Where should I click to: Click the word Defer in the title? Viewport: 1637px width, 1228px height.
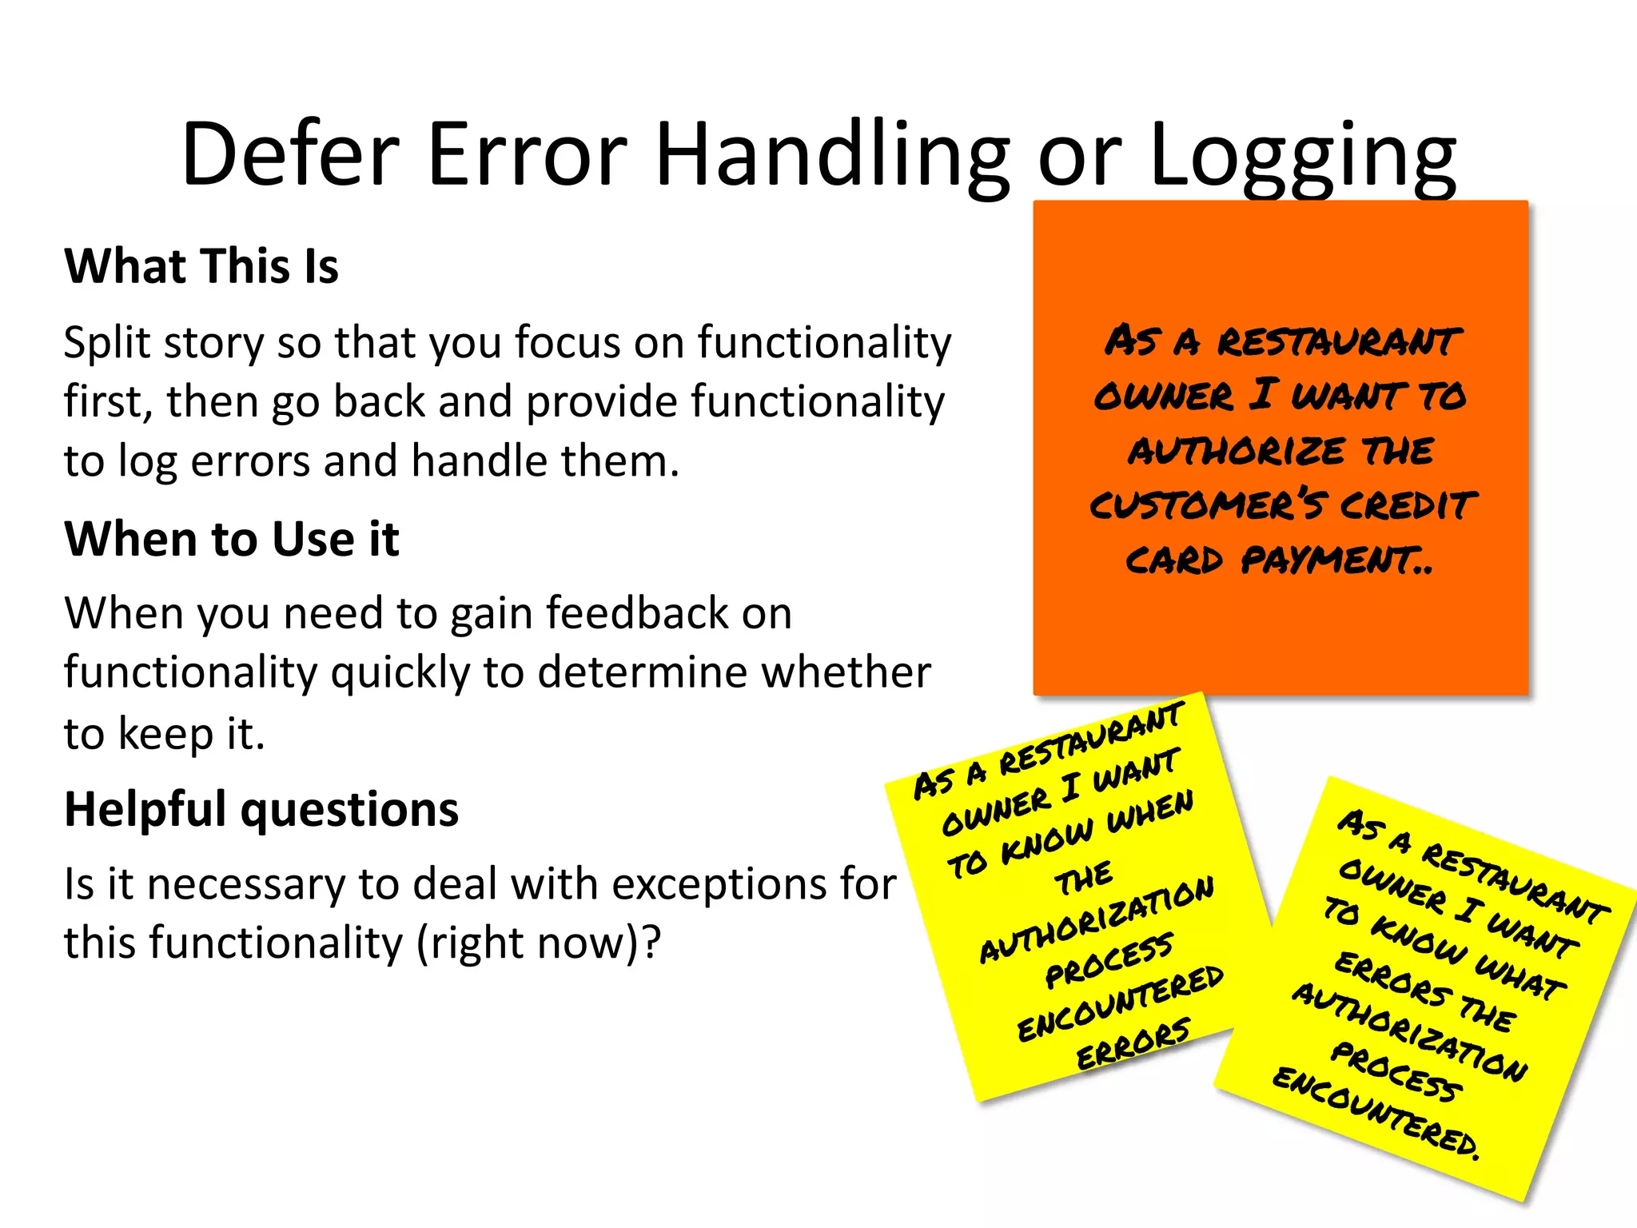[x=290, y=154]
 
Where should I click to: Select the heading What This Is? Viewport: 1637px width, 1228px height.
[x=201, y=266]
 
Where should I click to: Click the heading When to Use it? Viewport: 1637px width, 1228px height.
[x=232, y=539]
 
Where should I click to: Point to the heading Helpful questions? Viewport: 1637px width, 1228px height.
[x=261, y=809]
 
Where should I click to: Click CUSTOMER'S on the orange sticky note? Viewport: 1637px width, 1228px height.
[x=1205, y=505]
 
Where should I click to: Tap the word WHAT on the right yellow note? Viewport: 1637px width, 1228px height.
[x=1519, y=977]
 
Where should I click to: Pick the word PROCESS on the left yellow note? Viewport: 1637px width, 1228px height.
[x=1109, y=959]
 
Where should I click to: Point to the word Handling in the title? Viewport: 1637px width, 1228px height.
[x=831, y=154]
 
